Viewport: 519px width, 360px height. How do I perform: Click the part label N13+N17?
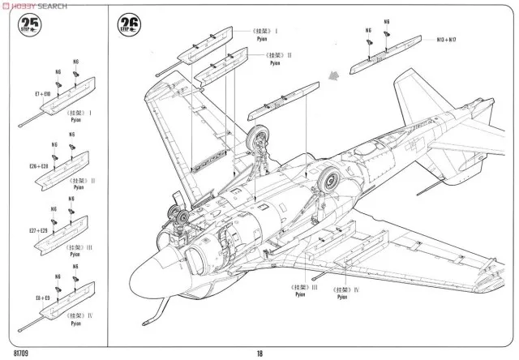pos(448,38)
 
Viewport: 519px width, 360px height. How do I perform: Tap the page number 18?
pos(259,351)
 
